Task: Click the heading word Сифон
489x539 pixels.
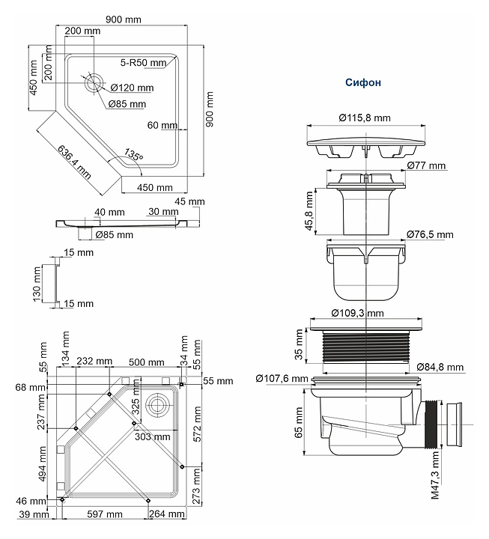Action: pyautogui.click(x=363, y=82)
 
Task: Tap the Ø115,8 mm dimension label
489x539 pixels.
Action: pyautogui.click(x=365, y=118)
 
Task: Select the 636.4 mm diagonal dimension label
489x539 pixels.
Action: pyautogui.click(x=74, y=162)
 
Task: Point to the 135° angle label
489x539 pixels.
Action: pyautogui.click(x=133, y=154)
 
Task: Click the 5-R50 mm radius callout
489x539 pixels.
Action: pyautogui.click(x=143, y=63)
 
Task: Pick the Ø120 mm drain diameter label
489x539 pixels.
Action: pyautogui.click(x=132, y=88)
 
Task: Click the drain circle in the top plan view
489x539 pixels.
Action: pyautogui.click(x=94, y=82)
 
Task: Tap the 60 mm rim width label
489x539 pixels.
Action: pyautogui.click(x=163, y=125)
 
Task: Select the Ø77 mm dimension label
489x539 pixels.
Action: pyautogui.click(x=426, y=165)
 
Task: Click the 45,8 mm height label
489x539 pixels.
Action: pyautogui.click(x=309, y=211)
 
